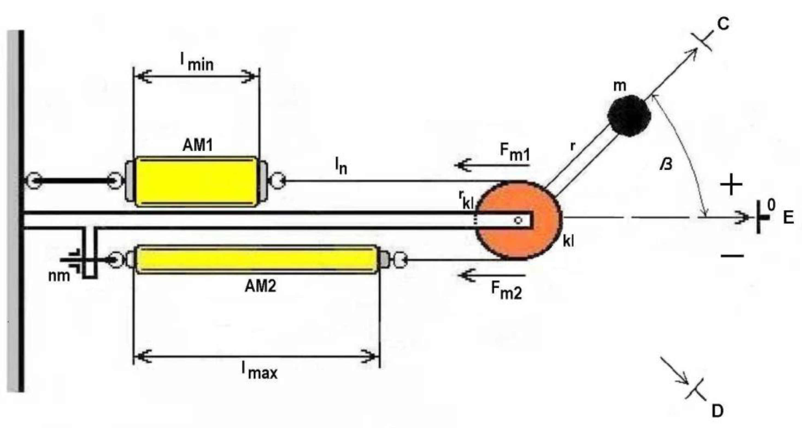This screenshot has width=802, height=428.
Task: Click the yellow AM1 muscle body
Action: tap(196, 182)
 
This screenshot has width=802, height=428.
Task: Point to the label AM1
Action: tap(198, 145)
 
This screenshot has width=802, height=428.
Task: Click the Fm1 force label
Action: tap(515, 152)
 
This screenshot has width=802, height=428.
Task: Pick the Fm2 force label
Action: tap(507, 290)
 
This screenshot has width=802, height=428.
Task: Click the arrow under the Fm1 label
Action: tap(492, 165)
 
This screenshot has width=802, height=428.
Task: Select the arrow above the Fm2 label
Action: tap(492, 275)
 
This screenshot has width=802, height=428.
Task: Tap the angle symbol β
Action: tap(666, 164)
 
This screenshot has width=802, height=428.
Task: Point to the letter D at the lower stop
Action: tap(718, 411)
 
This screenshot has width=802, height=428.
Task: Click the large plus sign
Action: tap(731, 185)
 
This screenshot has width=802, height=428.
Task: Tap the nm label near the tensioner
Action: tap(59, 276)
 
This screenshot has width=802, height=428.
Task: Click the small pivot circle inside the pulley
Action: tap(518, 220)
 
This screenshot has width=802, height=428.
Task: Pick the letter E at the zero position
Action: tap(788, 218)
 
